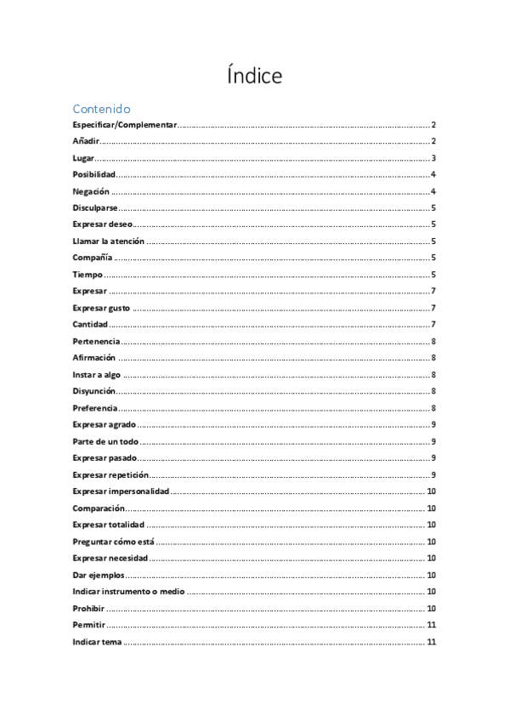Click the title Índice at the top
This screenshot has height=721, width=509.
coord(254,76)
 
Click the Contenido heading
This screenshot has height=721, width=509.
coord(101,109)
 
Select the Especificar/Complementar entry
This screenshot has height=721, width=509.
coord(124,125)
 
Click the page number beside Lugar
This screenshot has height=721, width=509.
coord(433,158)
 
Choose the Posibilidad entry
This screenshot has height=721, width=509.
coord(93,174)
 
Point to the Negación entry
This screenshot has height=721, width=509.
coord(91,191)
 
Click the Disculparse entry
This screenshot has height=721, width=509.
coord(95,207)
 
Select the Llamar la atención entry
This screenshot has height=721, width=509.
coord(108,241)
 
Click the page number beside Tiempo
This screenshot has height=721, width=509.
coord(433,275)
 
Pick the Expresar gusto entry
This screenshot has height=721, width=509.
coord(101,308)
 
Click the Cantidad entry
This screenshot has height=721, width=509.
coord(90,325)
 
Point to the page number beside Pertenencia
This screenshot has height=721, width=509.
coord(433,341)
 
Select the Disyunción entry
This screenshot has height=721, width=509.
coord(94,391)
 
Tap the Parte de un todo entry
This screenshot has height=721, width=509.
coord(105,441)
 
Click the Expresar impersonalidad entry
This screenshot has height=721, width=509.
coord(122,491)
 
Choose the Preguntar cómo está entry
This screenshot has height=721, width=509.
coord(113,542)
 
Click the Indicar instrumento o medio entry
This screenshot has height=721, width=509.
coord(128,592)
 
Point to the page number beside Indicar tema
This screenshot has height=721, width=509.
coord(432,642)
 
